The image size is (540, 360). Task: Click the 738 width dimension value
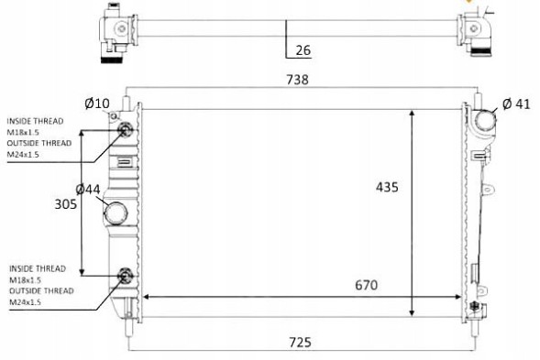[x=296, y=80]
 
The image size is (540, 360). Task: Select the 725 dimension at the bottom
[x=299, y=342]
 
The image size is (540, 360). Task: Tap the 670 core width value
[x=366, y=285]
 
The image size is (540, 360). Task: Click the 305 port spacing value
[x=66, y=204]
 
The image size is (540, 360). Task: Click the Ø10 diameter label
[x=96, y=104]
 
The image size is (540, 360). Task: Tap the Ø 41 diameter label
[x=516, y=104]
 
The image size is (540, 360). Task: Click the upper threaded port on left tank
[x=126, y=129]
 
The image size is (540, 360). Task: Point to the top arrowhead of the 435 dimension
[x=413, y=112]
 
